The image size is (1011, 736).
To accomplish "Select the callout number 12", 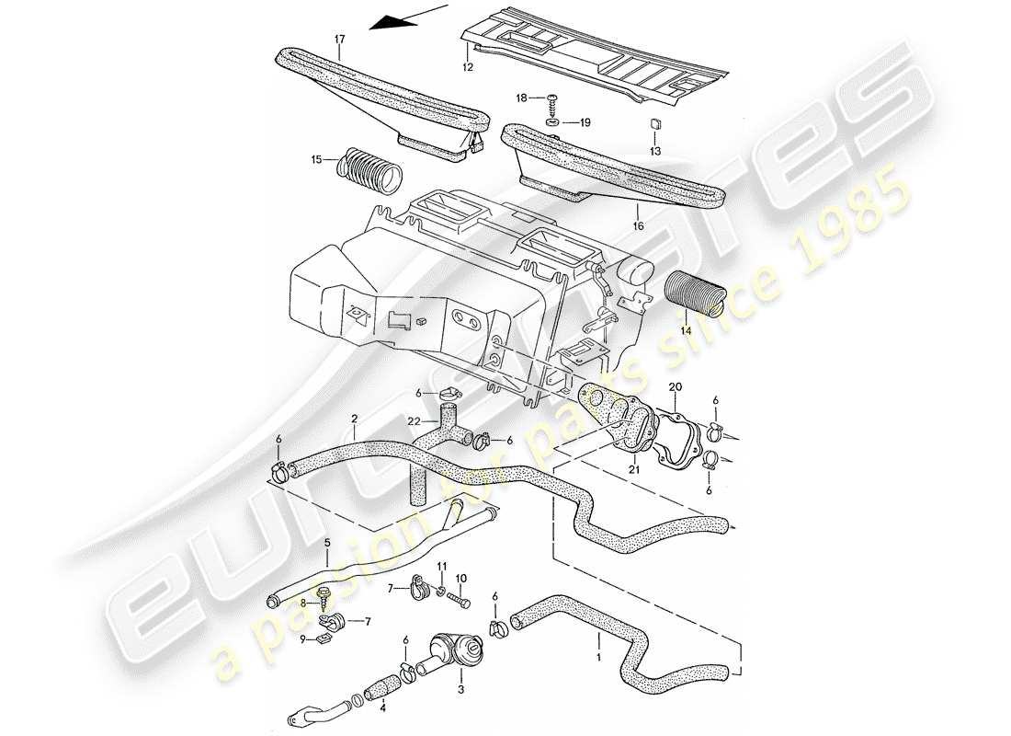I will [x=467, y=67].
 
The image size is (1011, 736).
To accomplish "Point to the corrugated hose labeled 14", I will [x=696, y=295].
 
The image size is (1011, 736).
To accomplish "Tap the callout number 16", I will [x=637, y=225].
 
